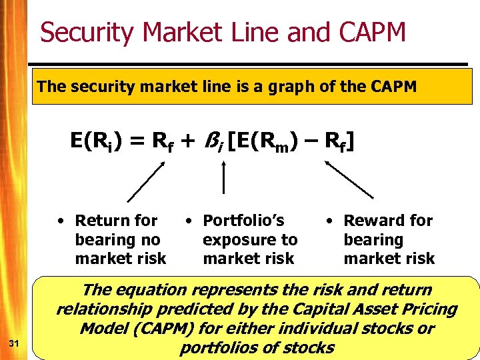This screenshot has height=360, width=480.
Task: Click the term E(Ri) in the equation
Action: coord(96,141)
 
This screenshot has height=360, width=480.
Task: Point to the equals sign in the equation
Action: coord(136,141)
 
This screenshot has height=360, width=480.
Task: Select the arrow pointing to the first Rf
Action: coord(145,181)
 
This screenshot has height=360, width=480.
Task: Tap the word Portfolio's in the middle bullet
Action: coord(243,221)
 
